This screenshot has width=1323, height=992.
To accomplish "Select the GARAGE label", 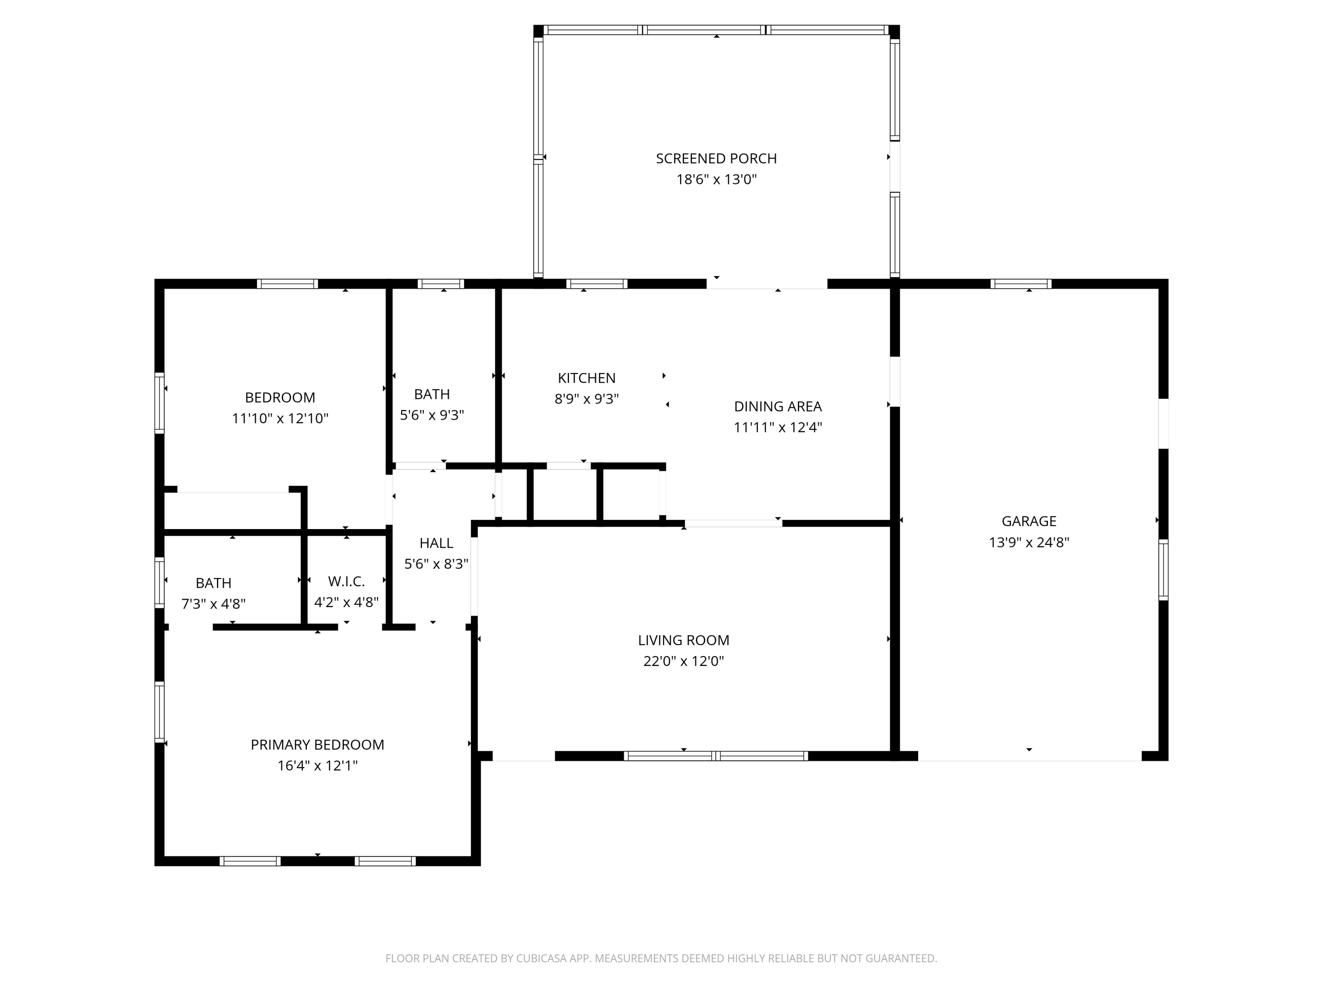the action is coord(1029,522).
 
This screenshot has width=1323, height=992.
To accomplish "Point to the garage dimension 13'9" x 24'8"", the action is coord(1029,542).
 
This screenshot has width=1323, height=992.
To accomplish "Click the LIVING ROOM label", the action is coord(684,641).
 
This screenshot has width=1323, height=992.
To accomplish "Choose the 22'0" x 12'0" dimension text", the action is coord(684,661).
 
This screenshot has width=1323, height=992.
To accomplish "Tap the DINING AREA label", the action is coord(777,406).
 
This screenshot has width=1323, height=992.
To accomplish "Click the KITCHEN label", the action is coord(586,378).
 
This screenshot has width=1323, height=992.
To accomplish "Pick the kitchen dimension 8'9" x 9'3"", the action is coord(586,399).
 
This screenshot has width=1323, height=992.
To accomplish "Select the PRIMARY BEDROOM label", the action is coord(317,745).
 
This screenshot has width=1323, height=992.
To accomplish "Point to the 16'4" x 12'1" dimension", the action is coord(317,766).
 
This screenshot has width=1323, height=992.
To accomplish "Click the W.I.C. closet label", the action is coord(346,581).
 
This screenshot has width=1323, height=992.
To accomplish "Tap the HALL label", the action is coord(436,543).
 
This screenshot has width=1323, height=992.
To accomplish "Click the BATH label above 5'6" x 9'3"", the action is coord(432,394).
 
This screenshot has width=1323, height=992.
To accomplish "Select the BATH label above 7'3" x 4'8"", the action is coord(213,583).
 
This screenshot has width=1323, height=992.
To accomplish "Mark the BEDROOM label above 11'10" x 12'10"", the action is coord(280,398).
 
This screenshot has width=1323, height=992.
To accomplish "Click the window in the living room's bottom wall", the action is coord(716,756).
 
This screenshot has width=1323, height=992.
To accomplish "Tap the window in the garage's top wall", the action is coord(1021,284).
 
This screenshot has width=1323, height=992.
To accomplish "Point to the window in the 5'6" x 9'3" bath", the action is coord(441,284).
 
